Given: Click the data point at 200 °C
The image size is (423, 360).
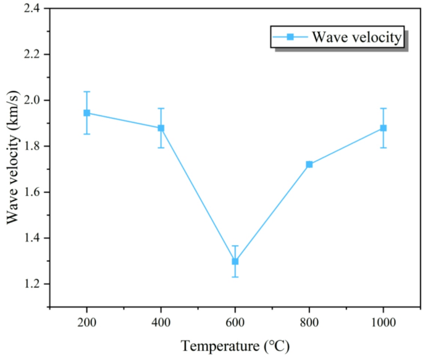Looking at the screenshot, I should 86,113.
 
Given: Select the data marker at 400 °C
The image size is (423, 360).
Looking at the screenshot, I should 161,128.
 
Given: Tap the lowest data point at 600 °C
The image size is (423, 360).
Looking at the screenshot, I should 235,261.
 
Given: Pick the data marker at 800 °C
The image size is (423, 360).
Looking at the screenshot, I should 309,164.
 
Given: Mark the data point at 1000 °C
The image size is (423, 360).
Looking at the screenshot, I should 383,128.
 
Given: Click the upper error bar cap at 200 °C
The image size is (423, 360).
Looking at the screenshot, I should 86,91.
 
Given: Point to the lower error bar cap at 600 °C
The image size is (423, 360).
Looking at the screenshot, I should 235,277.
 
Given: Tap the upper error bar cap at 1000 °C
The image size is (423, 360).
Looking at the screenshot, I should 383,109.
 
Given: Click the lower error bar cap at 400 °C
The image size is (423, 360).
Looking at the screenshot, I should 161,148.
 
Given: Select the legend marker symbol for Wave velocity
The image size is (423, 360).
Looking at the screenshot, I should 290,37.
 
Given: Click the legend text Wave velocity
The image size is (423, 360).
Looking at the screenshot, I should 356,37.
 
